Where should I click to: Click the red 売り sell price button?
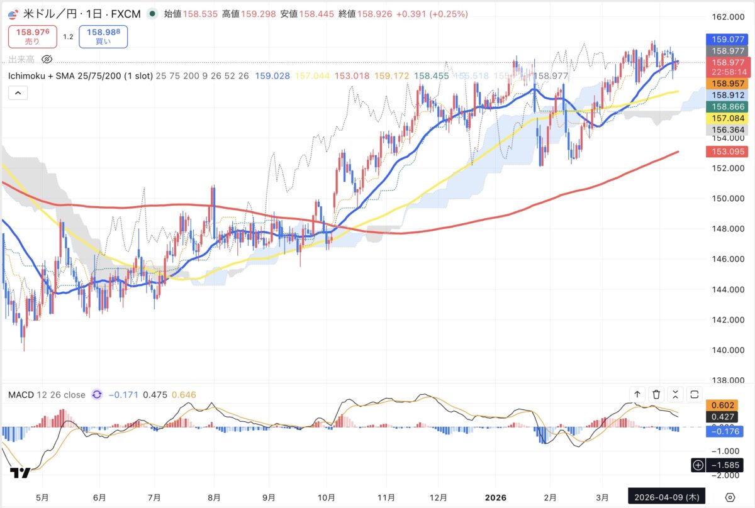point(32,36)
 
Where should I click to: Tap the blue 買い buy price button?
point(103,36)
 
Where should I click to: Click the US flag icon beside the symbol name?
point(14,13)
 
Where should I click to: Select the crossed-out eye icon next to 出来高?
point(46,60)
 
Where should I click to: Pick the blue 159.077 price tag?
point(727,38)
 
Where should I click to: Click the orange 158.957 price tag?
point(727,83)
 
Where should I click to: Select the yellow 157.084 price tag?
point(727,118)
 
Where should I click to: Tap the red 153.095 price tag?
point(727,152)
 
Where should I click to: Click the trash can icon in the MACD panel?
point(656,394)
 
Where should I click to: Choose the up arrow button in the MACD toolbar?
point(637,394)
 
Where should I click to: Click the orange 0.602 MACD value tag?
point(727,406)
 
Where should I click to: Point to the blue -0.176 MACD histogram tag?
point(727,431)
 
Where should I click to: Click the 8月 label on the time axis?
point(215,497)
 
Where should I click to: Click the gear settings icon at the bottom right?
point(730,497)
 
